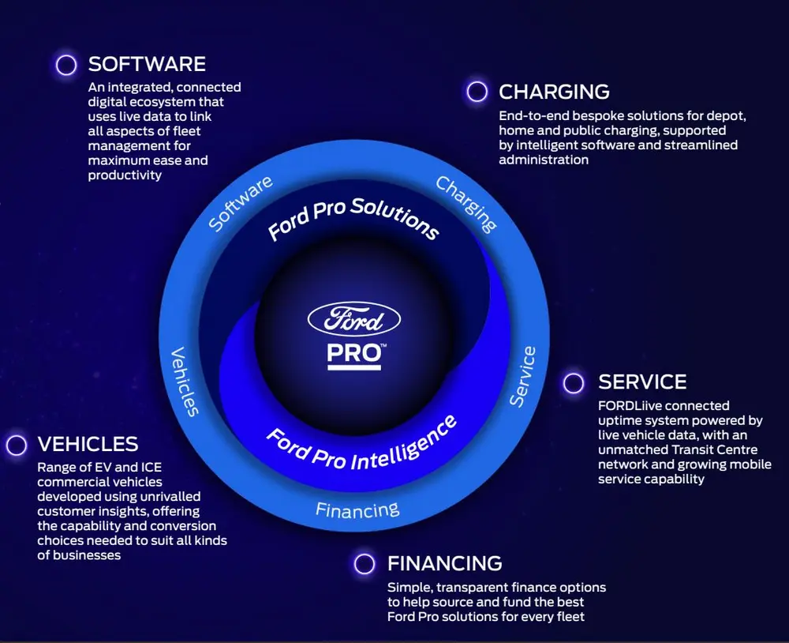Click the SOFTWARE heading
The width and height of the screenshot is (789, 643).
tap(147, 64)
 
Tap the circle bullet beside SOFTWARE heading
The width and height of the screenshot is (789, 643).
tap(66, 65)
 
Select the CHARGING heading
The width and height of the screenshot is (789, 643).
tap(554, 92)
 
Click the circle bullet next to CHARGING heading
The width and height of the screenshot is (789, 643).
tap(477, 92)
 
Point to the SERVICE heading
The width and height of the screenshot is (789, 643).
tap(642, 382)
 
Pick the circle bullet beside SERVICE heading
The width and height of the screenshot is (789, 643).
tap(574, 383)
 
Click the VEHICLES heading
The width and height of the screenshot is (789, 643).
tap(88, 444)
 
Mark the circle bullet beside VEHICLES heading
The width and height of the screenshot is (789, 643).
tap(17, 445)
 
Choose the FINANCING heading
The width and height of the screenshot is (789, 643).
tap(444, 563)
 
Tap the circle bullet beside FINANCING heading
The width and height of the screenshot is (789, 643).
tap(364, 564)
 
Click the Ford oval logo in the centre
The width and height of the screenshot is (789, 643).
tap(354, 320)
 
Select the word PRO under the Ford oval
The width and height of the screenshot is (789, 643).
tap(354, 353)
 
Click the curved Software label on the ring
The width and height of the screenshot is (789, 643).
tap(241, 204)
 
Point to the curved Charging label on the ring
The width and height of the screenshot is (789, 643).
tap(467, 205)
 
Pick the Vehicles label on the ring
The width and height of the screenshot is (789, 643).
tap(185, 381)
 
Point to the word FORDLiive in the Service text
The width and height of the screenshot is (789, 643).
tap(630, 406)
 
